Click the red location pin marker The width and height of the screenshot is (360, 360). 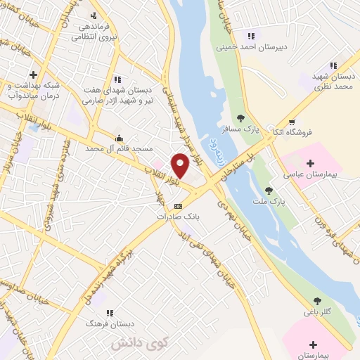coord(181,165)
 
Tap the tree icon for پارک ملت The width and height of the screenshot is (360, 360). coord(268,191)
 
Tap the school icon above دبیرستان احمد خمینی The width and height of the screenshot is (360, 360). coord(251,36)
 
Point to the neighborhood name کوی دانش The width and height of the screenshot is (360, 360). coord(140,342)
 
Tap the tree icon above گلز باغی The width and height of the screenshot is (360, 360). coord(319,300)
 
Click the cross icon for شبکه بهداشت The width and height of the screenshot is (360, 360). coord(33,74)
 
